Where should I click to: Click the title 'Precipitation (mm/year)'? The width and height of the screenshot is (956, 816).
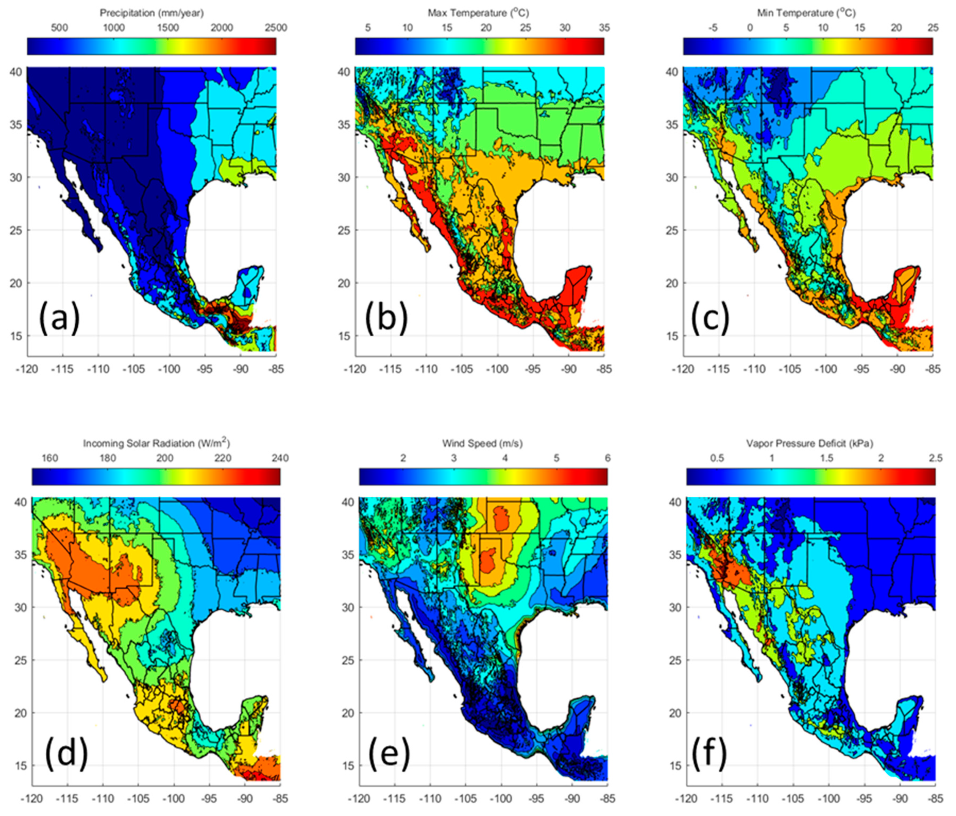[152, 13]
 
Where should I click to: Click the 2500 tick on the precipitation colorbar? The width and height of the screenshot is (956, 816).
[276, 28]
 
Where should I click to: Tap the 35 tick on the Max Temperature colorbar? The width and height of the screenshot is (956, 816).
[604, 28]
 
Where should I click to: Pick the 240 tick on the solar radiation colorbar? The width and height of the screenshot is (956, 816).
[280, 458]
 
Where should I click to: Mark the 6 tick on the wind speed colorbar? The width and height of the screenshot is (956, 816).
[608, 458]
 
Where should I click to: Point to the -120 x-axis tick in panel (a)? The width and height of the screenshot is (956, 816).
[27, 369]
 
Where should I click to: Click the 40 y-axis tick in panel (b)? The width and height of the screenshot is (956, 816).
[344, 72]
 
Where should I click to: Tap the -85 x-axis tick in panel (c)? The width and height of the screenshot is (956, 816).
[932, 369]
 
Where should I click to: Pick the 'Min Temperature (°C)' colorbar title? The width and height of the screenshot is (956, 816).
[806, 13]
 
